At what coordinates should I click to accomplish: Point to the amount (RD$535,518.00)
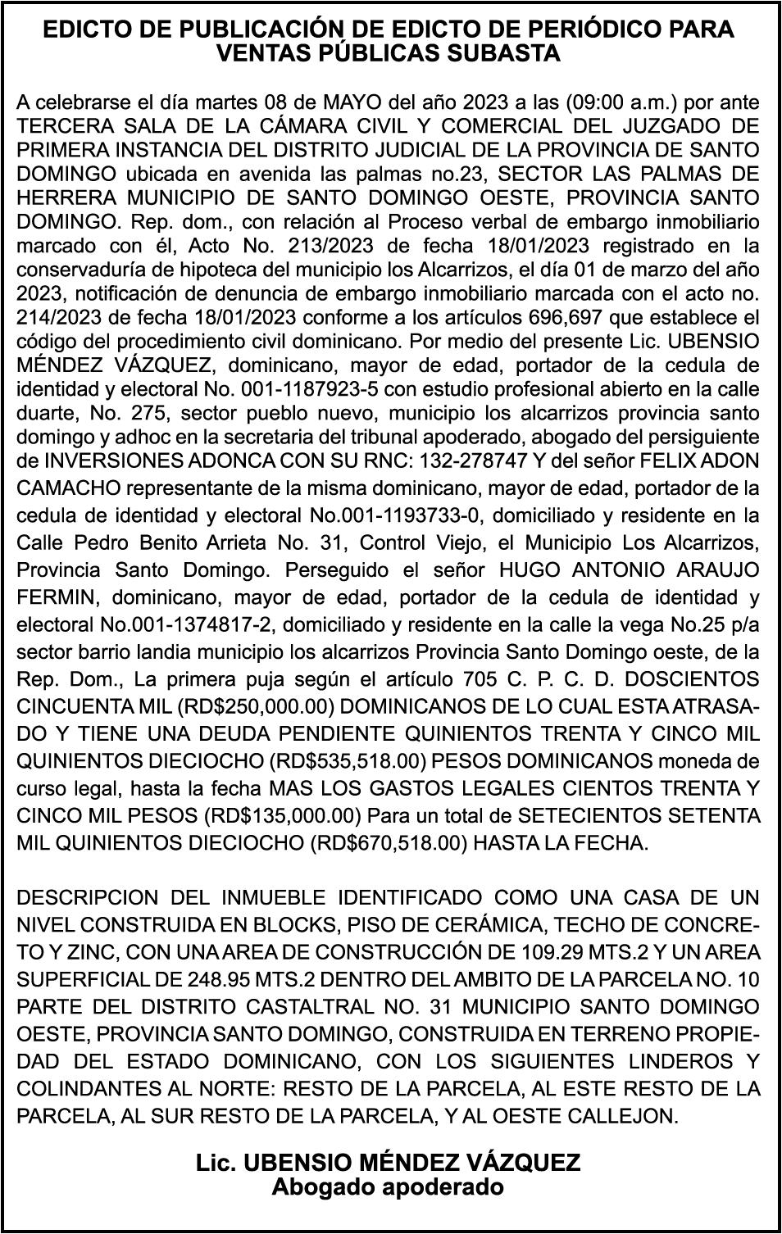347,761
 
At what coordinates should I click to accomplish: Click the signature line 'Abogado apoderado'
387,1186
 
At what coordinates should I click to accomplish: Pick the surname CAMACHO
67,488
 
